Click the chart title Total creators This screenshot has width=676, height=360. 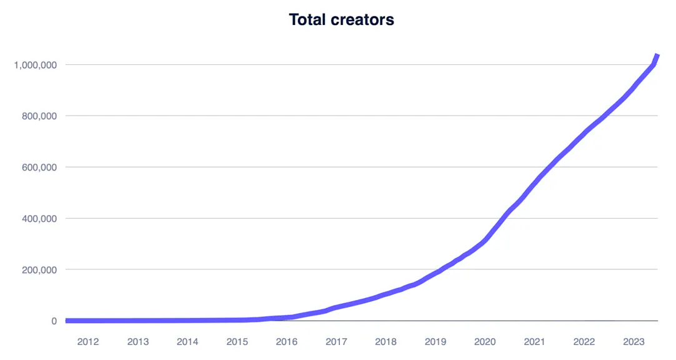click(341, 19)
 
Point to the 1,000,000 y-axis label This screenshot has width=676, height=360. click(36, 65)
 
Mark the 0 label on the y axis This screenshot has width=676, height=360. click(54, 321)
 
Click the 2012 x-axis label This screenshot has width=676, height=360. click(88, 342)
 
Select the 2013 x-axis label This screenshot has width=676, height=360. click(138, 342)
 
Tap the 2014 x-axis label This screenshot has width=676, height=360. click(187, 342)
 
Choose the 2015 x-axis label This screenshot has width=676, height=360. click(237, 342)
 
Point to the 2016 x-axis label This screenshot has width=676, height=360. click(287, 342)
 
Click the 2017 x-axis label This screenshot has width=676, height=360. click(336, 342)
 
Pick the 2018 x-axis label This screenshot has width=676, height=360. click(386, 342)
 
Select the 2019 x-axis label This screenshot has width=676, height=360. click(435, 342)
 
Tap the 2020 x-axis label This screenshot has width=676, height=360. click(485, 342)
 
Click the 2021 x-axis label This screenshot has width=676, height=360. click(535, 342)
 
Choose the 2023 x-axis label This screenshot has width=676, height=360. click(634, 342)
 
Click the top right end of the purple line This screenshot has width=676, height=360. click(657, 56)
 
